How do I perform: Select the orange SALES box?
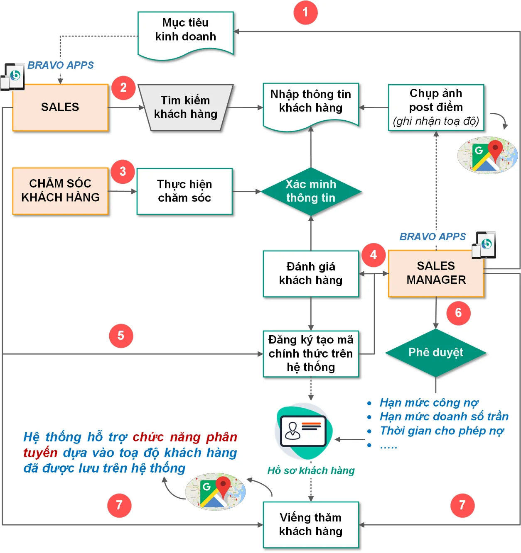(x=60, y=107)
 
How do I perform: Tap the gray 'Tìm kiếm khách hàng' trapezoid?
(x=185, y=107)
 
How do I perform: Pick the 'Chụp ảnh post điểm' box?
(x=436, y=107)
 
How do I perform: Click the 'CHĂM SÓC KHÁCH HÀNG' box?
(x=60, y=191)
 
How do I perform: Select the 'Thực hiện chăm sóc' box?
(x=184, y=191)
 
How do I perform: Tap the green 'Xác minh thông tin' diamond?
(x=311, y=191)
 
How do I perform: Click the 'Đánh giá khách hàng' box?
(x=311, y=273)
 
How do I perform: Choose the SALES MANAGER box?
(x=436, y=273)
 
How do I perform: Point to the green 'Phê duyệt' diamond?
(x=436, y=353)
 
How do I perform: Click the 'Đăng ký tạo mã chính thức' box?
(x=311, y=353)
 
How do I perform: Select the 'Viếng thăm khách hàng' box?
(x=311, y=525)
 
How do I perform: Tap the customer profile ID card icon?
(x=303, y=431)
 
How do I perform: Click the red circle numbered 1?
(x=305, y=12)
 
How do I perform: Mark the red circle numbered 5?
(x=121, y=336)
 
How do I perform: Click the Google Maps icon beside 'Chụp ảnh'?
(x=487, y=155)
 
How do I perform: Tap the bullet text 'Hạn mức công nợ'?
(x=429, y=403)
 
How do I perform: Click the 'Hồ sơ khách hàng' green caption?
(x=311, y=471)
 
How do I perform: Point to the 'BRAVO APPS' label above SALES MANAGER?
(x=433, y=237)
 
